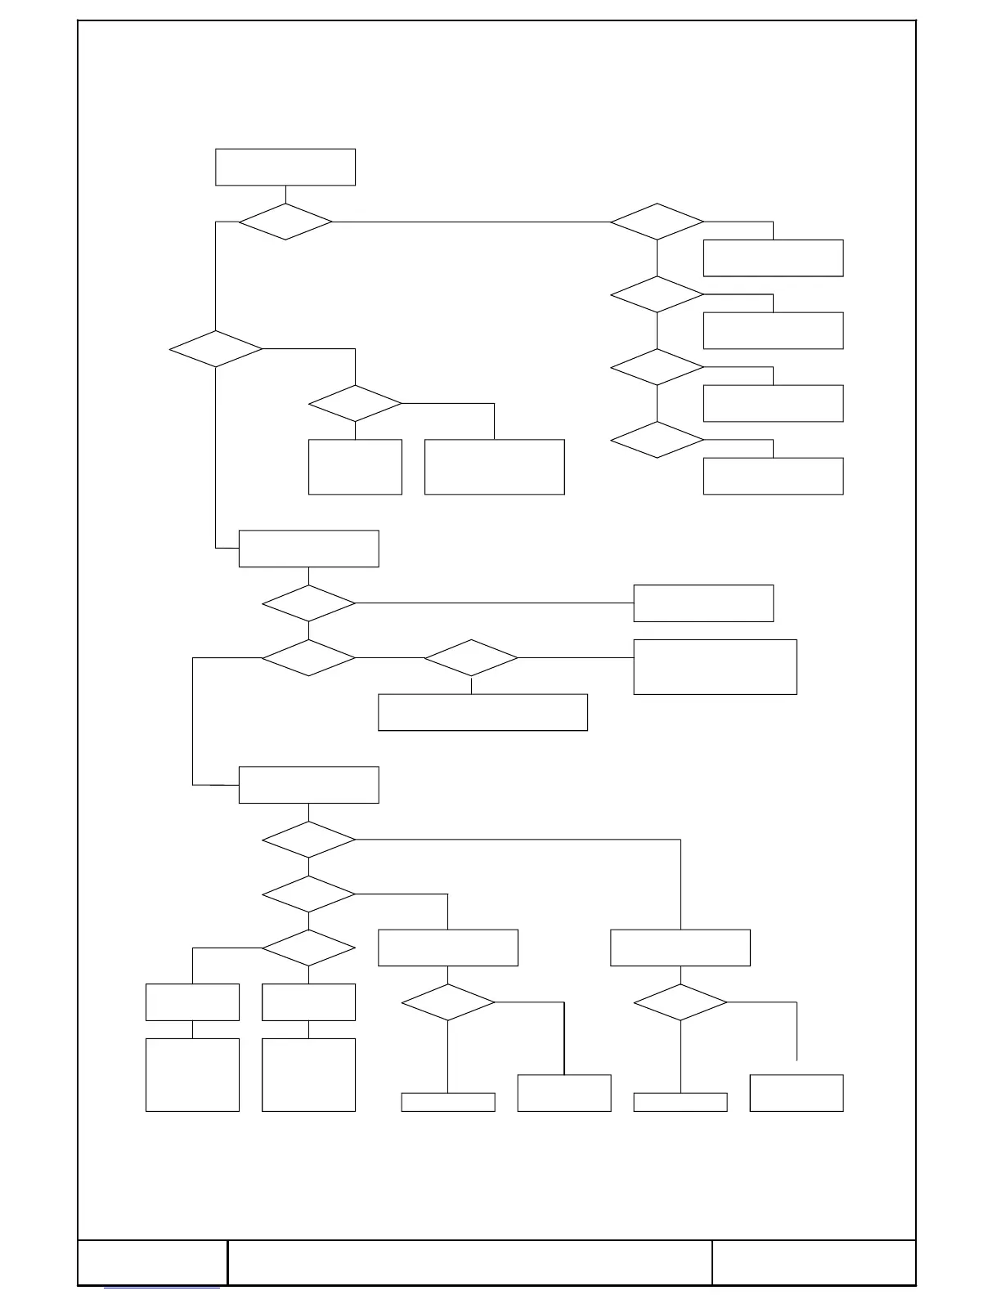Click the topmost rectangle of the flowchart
click(x=285, y=167)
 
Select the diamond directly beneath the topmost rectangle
click(x=285, y=222)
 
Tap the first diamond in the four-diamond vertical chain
click(x=657, y=222)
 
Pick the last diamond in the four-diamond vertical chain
click(x=657, y=440)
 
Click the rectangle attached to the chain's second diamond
click(x=773, y=330)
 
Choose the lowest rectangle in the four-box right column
click(x=773, y=476)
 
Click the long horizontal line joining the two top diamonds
click(x=471, y=222)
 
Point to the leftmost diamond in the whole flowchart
click(x=216, y=349)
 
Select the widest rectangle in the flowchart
click(x=483, y=712)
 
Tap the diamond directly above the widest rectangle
click(x=471, y=658)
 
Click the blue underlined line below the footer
click(x=161, y=1289)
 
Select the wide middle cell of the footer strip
click(x=469, y=1262)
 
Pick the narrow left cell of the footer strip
click(x=153, y=1262)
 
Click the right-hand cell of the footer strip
click(x=814, y=1262)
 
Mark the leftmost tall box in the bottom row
click(x=192, y=1074)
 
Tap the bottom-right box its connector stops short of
click(x=797, y=1093)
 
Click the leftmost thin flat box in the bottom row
click(x=448, y=1102)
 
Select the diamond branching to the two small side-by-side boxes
click(x=308, y=948)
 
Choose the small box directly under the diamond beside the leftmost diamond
click(x=355, y=467)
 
